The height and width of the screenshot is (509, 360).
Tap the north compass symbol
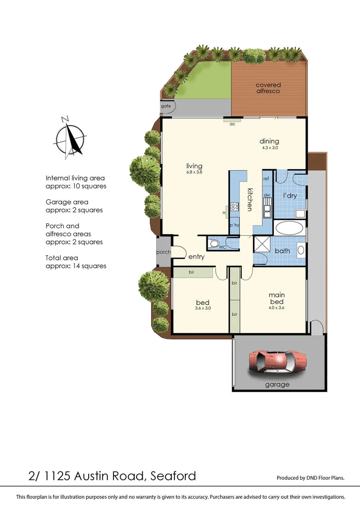click(x=71, y=137)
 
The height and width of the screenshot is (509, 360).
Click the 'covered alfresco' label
click(x=268, y=88)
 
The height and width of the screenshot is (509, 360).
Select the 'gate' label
click(x=166, y=106)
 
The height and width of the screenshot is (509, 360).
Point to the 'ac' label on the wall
click(x=232, y=124)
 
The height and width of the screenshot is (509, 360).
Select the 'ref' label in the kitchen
click(x=266, y=179)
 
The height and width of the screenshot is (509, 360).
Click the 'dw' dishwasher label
click(x=267, y=195)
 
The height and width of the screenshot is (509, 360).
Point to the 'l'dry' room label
click(x=290, y=195)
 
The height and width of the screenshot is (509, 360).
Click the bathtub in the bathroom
click(x=289, y=229)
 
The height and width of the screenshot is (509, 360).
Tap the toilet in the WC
click(x=214, y=244)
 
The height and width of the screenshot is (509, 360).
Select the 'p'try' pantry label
click(x=234, y=225)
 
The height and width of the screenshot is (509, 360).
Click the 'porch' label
click(x=164, y=252)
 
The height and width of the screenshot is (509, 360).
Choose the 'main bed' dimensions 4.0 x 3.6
click(x=277, y=308)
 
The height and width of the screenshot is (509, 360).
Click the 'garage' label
click(x=277, y=385)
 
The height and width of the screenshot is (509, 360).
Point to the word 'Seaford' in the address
click(x=173, y=476)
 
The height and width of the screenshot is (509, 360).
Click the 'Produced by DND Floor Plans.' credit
click(x=310, y=478)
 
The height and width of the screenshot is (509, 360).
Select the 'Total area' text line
click(x=62, y=258)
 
